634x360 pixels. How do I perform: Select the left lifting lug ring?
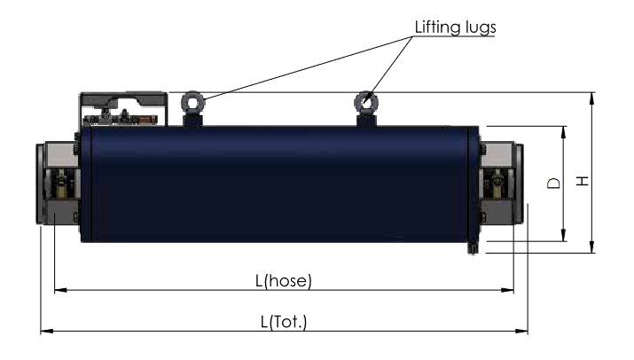point(192,102)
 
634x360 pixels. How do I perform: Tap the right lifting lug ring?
point(365,101)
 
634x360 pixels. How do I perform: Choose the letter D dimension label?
point(552,184)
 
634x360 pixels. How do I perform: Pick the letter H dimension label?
point(583,181)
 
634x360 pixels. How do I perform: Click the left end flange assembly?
point(56,184)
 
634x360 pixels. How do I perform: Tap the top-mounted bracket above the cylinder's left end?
point(122,107)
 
